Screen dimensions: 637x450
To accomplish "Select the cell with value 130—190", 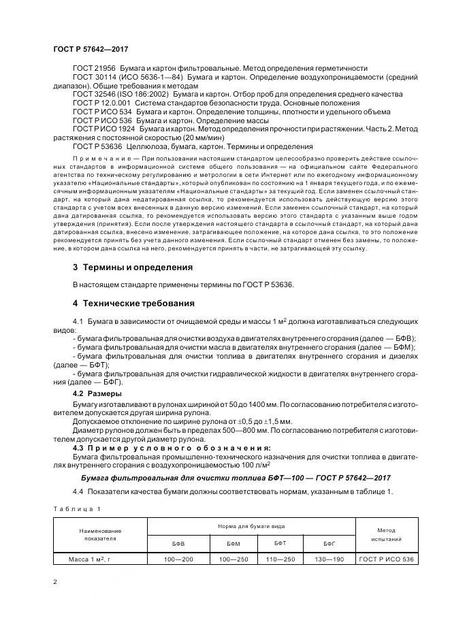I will point(330,559).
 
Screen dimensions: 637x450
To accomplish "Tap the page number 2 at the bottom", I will point(54,583).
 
